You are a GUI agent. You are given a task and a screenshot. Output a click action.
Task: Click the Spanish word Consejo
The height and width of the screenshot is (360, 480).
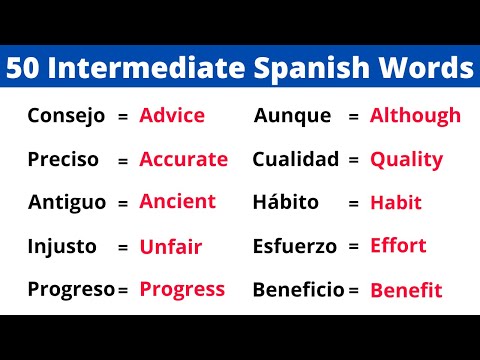pyautogui.click(x=66, y=116)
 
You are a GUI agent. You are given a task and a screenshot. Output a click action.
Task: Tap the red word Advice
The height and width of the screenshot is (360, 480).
pyautogui.click(x=172, y=115)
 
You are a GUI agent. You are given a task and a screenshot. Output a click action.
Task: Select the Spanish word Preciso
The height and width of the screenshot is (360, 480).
pyautogui.click(x=64, y=159)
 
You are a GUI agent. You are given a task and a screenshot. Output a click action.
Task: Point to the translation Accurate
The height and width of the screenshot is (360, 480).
pyautogui.click(x=184, y=159)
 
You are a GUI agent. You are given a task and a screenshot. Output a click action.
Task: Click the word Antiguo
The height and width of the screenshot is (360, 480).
pyautogui.click(x=66, y=203)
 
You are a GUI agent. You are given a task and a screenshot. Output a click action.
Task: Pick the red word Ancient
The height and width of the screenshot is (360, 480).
pyautogui.click(x=178, y=201)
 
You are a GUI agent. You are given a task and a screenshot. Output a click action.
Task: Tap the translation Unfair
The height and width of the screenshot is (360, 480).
pyautogui.click(x=170, y=246)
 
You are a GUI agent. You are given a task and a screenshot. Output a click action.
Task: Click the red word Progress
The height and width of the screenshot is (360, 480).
pyautogui.click(x=182, y=290)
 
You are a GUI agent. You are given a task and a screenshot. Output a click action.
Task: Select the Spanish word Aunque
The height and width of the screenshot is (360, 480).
pyautogui.click(x=292, y=116)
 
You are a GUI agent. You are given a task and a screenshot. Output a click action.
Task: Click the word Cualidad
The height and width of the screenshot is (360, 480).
pyautogui.click(x=296, y=159)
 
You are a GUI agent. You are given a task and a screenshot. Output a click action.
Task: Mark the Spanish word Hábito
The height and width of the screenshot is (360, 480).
pyautogui.click(x=286, y=203)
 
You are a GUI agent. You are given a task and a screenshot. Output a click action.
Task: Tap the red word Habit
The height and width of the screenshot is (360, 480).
pyautogui.click(x=396, y=203)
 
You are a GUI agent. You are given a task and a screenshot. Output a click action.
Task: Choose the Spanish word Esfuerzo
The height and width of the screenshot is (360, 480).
pyautogui.click(x=294, y=246)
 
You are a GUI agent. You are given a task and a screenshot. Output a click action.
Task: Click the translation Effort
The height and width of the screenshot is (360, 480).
pyautogui.click(x=398, y=246)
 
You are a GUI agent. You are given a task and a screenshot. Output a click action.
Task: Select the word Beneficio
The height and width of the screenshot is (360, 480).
pyautogui.click(x=298, y=290)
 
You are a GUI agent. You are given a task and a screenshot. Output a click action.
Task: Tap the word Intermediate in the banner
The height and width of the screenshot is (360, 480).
pyautogui.click(x=143, y=69)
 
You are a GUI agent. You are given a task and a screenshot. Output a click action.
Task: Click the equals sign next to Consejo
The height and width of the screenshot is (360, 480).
pyautogui.click(x=123, y=117)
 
